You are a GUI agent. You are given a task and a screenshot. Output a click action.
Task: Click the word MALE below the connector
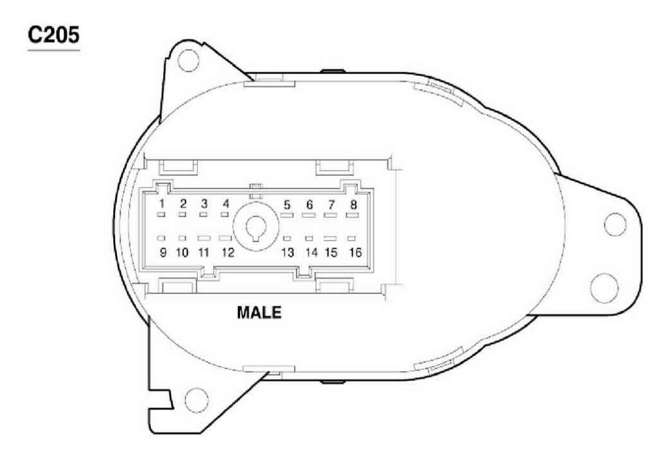(259, 314)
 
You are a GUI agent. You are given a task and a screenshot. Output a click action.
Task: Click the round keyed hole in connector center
(255, 228)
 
